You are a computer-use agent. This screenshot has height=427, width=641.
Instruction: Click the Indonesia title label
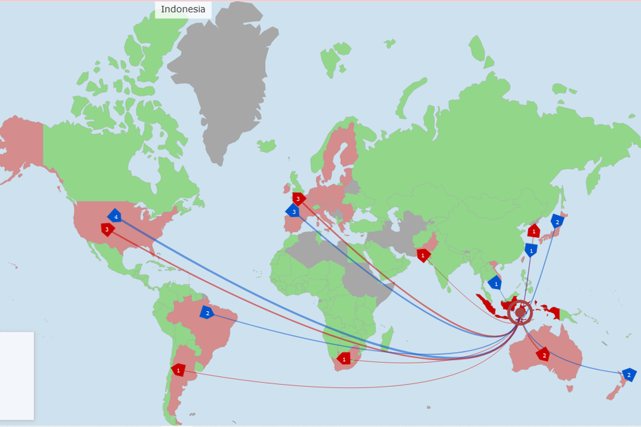pyautogui.click(x=183, y=9)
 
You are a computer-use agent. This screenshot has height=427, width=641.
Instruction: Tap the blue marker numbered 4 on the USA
pyautogui.click(x=114, y=216)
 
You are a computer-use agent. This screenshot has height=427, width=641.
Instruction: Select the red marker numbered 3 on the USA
pyautogui.click(x=108, y=230)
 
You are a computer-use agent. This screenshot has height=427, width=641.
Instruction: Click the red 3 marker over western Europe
pyautogui.click(x=299, y=199)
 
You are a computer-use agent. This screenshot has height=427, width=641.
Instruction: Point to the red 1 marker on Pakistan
pyautogui.click(x=424, y=256)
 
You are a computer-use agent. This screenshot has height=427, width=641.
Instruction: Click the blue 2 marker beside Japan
pyautogui.click(x=557, y=222)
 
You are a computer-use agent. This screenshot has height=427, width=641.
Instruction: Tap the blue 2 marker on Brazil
pyautogui.click(x=207, y=313)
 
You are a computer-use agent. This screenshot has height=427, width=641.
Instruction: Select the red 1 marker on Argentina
pyautogui.click(x=178, y=370)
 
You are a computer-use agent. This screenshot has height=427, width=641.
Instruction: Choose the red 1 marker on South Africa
pyautogui.click(x=344, y=359)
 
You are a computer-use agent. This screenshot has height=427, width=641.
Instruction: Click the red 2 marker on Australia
pyautogui.click(x=544, y=354)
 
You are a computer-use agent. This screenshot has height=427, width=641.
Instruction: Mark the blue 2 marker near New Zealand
pyautogui.click(x=629, y=375)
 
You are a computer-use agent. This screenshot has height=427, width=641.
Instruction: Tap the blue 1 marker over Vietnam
pyautogui.click(x=496, y=283)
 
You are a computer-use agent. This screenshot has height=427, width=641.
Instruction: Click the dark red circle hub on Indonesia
pyautogui.click(x=520, y=312)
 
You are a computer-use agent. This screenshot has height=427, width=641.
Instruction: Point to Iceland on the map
pyautogui.click(x=266, y=145)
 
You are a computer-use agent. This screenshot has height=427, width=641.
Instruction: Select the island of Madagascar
pyautogui.click(x=388, y=338)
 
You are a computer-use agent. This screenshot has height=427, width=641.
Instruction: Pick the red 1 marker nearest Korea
pyautogui.click(x=533, y=231)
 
